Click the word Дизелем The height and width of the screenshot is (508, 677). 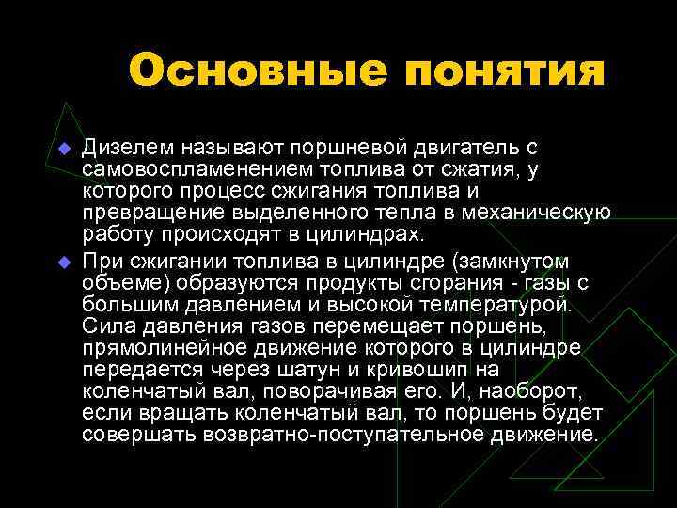click(x=122, y=148)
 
